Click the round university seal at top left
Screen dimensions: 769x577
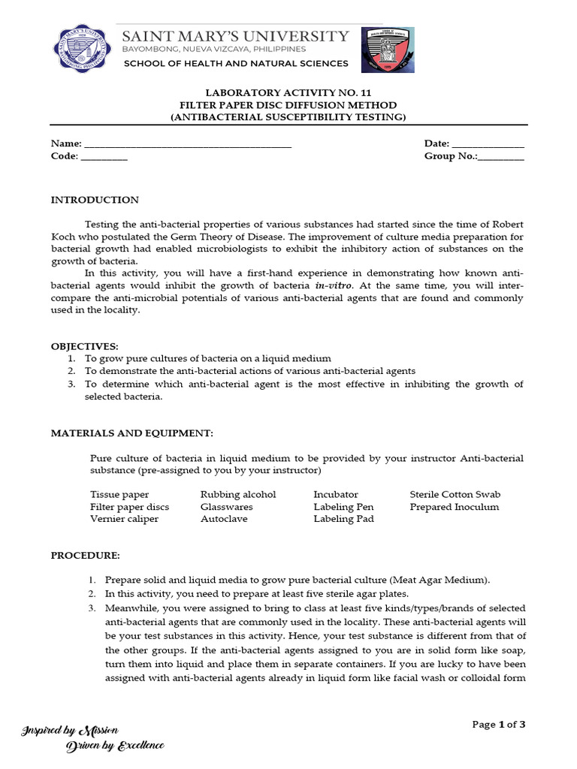click(83, 50)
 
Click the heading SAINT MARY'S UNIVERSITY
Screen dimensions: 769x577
click(235, 36)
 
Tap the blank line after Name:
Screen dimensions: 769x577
click(187, 144)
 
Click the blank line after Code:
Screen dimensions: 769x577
click(104, 157)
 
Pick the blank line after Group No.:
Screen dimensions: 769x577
click(501, 157)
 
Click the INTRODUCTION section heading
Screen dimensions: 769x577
click(95, 200)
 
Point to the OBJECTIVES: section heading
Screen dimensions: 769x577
click(84, 346)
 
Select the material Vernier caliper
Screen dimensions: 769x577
click(124, 519)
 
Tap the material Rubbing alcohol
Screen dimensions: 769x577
click(238, 494)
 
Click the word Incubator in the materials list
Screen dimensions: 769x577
click(336, 494)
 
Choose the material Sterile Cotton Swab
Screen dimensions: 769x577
click(455, 494)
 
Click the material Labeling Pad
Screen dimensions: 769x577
click(343, 519)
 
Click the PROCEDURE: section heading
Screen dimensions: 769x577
click(85, 555)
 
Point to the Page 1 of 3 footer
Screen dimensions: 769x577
click(498, 724)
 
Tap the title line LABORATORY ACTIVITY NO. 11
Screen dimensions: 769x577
click(288, 92)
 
